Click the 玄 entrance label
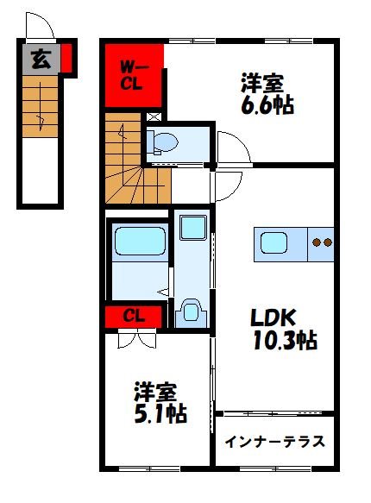[x=41, y=60]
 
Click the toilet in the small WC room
[x=162, y=142]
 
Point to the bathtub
[x=140, y=242]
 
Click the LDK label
[x=273, y=318]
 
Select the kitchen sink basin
[x=274, y=242]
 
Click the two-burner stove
[x=322, y=242]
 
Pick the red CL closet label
[x=134, y=317]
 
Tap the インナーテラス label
[x=274, y=442]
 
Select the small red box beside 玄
[x=66, y=58]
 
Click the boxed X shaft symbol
[x=154, y=116]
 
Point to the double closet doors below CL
[x=137, y=339]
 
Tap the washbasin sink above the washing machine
[x=193, y=228]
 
